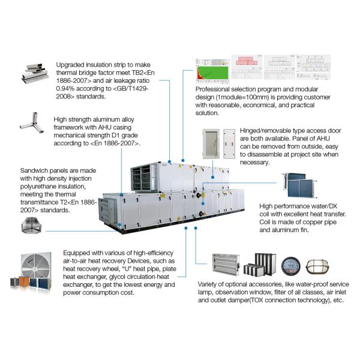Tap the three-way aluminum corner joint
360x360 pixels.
pyautogui.click(x=29, y=123)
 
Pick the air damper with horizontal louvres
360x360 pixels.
pyautogui.click(x=227, y=264)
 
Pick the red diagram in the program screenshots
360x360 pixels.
pyautogui.click(x=245, y=67)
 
